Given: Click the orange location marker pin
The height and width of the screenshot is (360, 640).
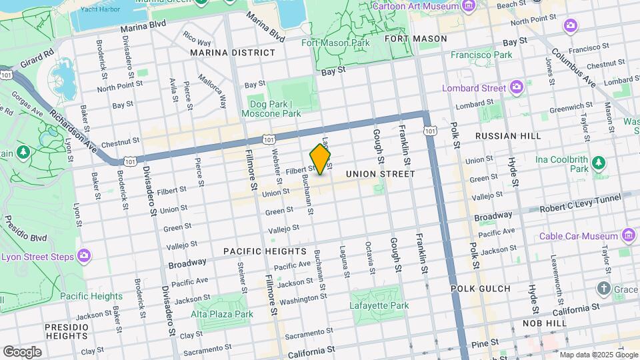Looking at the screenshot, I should click(321, 160).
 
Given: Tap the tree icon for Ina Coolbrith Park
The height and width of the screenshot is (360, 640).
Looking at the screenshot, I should click(598, 161).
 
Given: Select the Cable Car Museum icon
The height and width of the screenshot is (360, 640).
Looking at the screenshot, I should click(627, 235).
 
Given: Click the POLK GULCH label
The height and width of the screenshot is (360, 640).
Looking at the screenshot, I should click(480, 289).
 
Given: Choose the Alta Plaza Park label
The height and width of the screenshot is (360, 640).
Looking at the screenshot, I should click(222, 314).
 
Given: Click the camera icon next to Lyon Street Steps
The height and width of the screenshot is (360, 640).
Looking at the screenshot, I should click(83, 256).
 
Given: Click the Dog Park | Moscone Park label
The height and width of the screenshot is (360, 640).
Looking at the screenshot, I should click(275, 109).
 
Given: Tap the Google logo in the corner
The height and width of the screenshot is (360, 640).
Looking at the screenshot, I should click(22, 351).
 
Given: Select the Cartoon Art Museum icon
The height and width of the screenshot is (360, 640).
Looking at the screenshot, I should click(469, 6).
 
